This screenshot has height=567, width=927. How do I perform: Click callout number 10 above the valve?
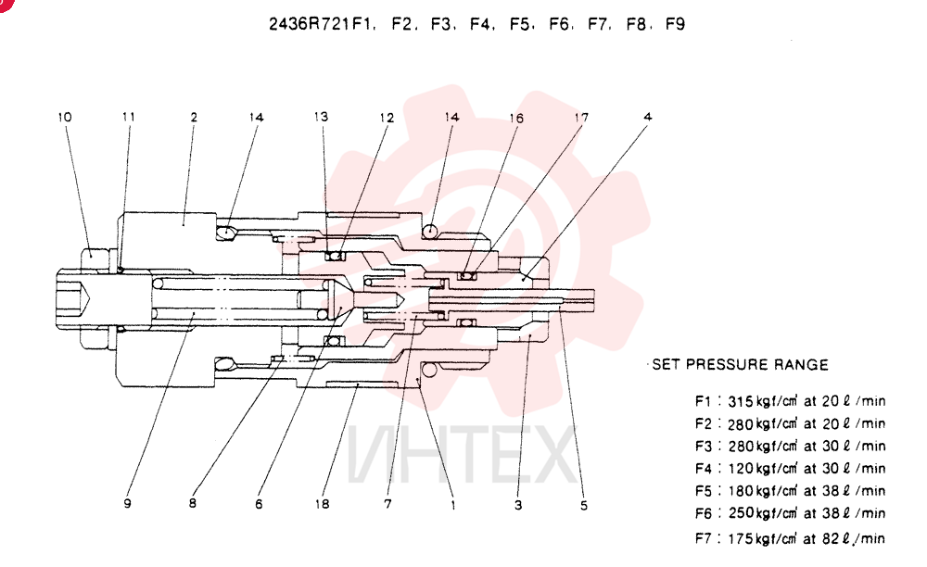point(65,117)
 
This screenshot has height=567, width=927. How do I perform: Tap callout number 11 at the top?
point(129,117)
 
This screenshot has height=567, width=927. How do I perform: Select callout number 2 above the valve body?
point(194,118)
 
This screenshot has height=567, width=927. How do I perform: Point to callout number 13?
point(321,117)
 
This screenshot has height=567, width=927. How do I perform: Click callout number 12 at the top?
point(387,119)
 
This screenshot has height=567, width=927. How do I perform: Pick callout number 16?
point(516,119)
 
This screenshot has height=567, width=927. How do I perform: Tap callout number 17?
point(582,118)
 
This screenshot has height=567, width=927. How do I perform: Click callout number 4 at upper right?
point(648,117)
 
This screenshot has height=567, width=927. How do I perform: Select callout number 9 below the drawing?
point(127,504)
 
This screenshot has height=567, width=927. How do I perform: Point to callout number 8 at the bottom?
point(192,504)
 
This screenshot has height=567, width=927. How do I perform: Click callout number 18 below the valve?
point(323,504)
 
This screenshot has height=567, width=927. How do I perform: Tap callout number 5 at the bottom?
point(584,506)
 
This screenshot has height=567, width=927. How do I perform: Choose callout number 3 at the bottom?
point(518,506)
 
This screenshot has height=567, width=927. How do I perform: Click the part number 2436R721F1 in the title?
point(323,24)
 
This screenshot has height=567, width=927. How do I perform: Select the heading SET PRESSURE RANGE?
point(740,364)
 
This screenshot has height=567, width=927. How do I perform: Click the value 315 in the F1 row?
point(740,402)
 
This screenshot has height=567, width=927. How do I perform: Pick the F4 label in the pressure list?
point(703,469)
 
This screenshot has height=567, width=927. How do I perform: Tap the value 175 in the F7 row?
point(740,538)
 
